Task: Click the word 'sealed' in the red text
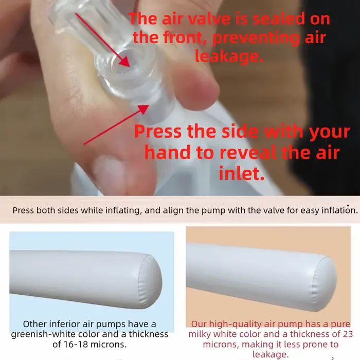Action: tap(279, 19)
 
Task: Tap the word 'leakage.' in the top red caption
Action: tap(229, 56)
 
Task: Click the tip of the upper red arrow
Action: tap(130, 67)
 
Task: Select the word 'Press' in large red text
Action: tap(158, 131)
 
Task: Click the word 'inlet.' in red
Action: tap(242, 173)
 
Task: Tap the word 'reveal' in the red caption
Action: tap(248, 152)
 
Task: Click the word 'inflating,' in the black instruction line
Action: tap(123, 210)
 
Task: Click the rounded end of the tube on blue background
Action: tap(150, 282)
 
